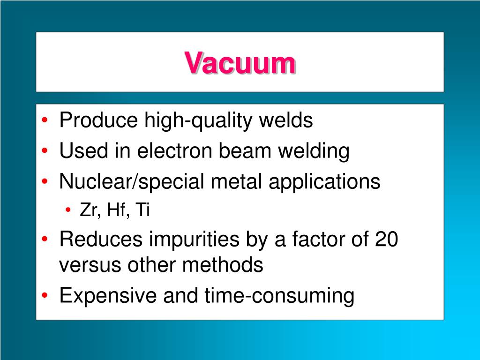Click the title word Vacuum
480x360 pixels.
(240, 63)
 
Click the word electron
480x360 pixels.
(177, 151)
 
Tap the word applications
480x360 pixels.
(324, 182)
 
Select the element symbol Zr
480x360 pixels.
(88, 210)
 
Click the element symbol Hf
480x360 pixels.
(116, 210)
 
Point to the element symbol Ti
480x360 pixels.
(142, 210)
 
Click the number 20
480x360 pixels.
(386, 240)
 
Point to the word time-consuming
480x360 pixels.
(279, 296)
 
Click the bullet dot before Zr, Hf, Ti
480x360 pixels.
(69, 211)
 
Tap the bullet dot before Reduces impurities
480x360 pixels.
(45, 240)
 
